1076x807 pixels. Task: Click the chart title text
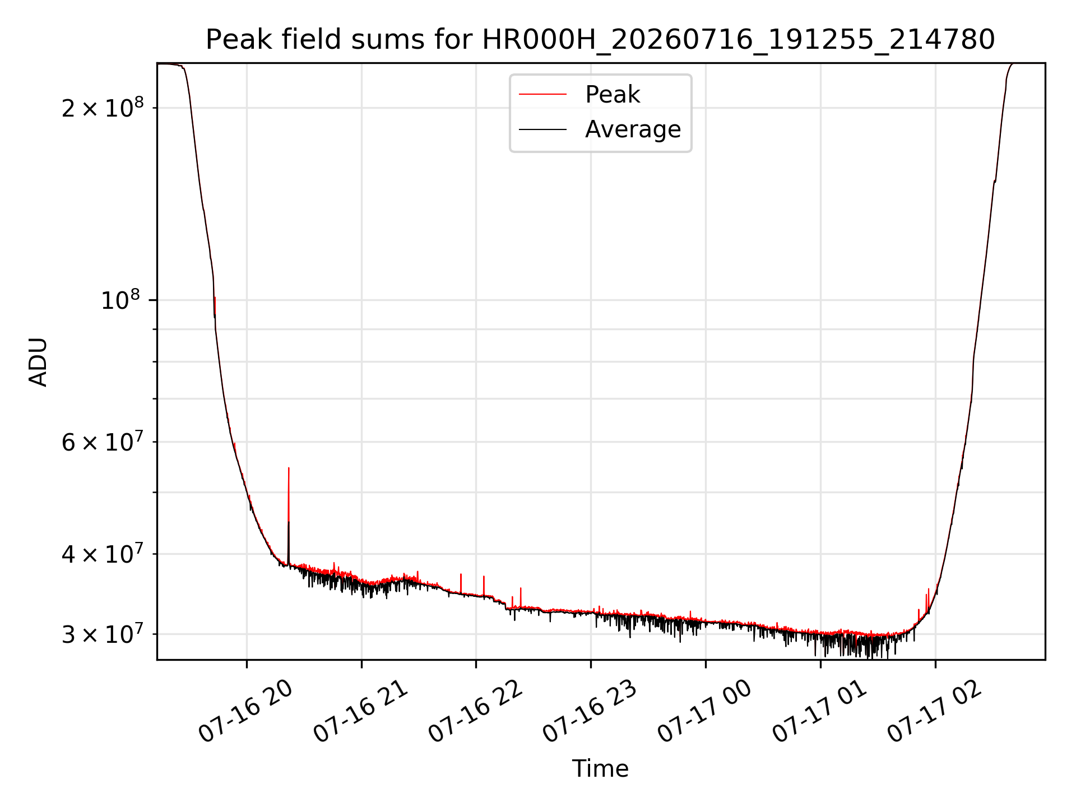coord(600,40)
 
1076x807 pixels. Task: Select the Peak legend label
coord(612,94)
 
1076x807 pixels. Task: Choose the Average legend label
coord(633,129)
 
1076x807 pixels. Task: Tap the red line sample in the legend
coord(542,95)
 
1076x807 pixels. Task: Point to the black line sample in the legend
coord(542,129)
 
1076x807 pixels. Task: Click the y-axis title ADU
coord(38,361)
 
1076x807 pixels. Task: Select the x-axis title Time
coord(600,768)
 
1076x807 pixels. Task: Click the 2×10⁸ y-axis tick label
coord(103,107)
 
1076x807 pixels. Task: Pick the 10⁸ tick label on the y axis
coord(122,300)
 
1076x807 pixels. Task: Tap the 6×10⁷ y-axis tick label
coord(103,442)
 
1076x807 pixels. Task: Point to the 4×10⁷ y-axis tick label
coord(103,554)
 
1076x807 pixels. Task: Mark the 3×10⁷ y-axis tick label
coord(103,634)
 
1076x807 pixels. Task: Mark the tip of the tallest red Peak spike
coord(289,467)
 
